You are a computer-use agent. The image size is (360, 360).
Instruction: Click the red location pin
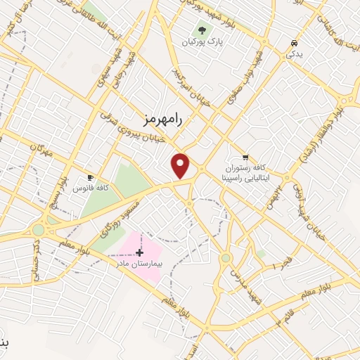(x=181, y=165)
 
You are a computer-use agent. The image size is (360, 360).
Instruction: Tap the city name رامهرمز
(x=161, y=120)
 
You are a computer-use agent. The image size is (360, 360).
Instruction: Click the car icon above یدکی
(x=292, y=43)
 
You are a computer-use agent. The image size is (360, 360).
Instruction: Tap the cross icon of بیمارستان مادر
(x=139, y=252)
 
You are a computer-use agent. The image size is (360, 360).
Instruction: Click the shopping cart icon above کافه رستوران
(x=245, y=157)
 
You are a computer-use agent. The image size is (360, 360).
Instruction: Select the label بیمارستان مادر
(x=139, y=262)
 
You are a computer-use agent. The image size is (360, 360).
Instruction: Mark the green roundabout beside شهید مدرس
(x=225, y=258)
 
